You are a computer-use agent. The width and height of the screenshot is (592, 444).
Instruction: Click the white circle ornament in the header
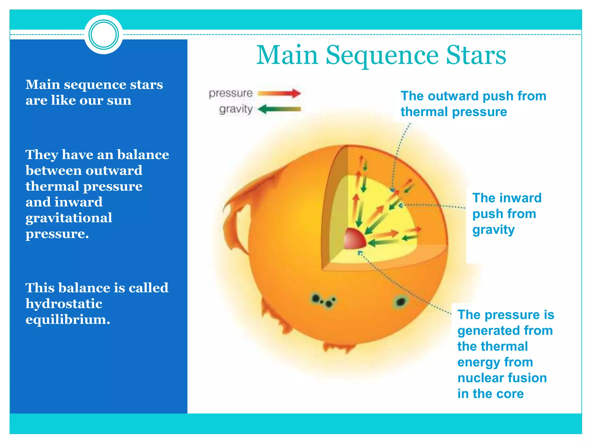tap(103, 35)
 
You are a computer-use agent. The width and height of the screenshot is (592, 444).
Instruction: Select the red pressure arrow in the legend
tap(279, 93)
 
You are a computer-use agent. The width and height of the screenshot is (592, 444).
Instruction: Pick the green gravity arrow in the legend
tap(279, 109)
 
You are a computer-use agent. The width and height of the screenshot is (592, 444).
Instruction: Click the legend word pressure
tap(231, 93)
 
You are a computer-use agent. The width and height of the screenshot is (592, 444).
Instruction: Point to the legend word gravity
tap(236, 109)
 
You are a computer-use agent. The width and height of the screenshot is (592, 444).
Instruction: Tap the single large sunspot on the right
tap(401, 302)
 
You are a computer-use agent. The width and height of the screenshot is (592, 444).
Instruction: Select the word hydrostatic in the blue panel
tap(64, 304)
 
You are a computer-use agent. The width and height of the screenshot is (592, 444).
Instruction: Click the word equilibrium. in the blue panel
tap(68, 319)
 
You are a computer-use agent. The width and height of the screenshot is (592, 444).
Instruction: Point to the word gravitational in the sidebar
tap(69, 218)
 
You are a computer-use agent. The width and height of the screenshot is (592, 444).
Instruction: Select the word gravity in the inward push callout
tap(493, 230)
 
